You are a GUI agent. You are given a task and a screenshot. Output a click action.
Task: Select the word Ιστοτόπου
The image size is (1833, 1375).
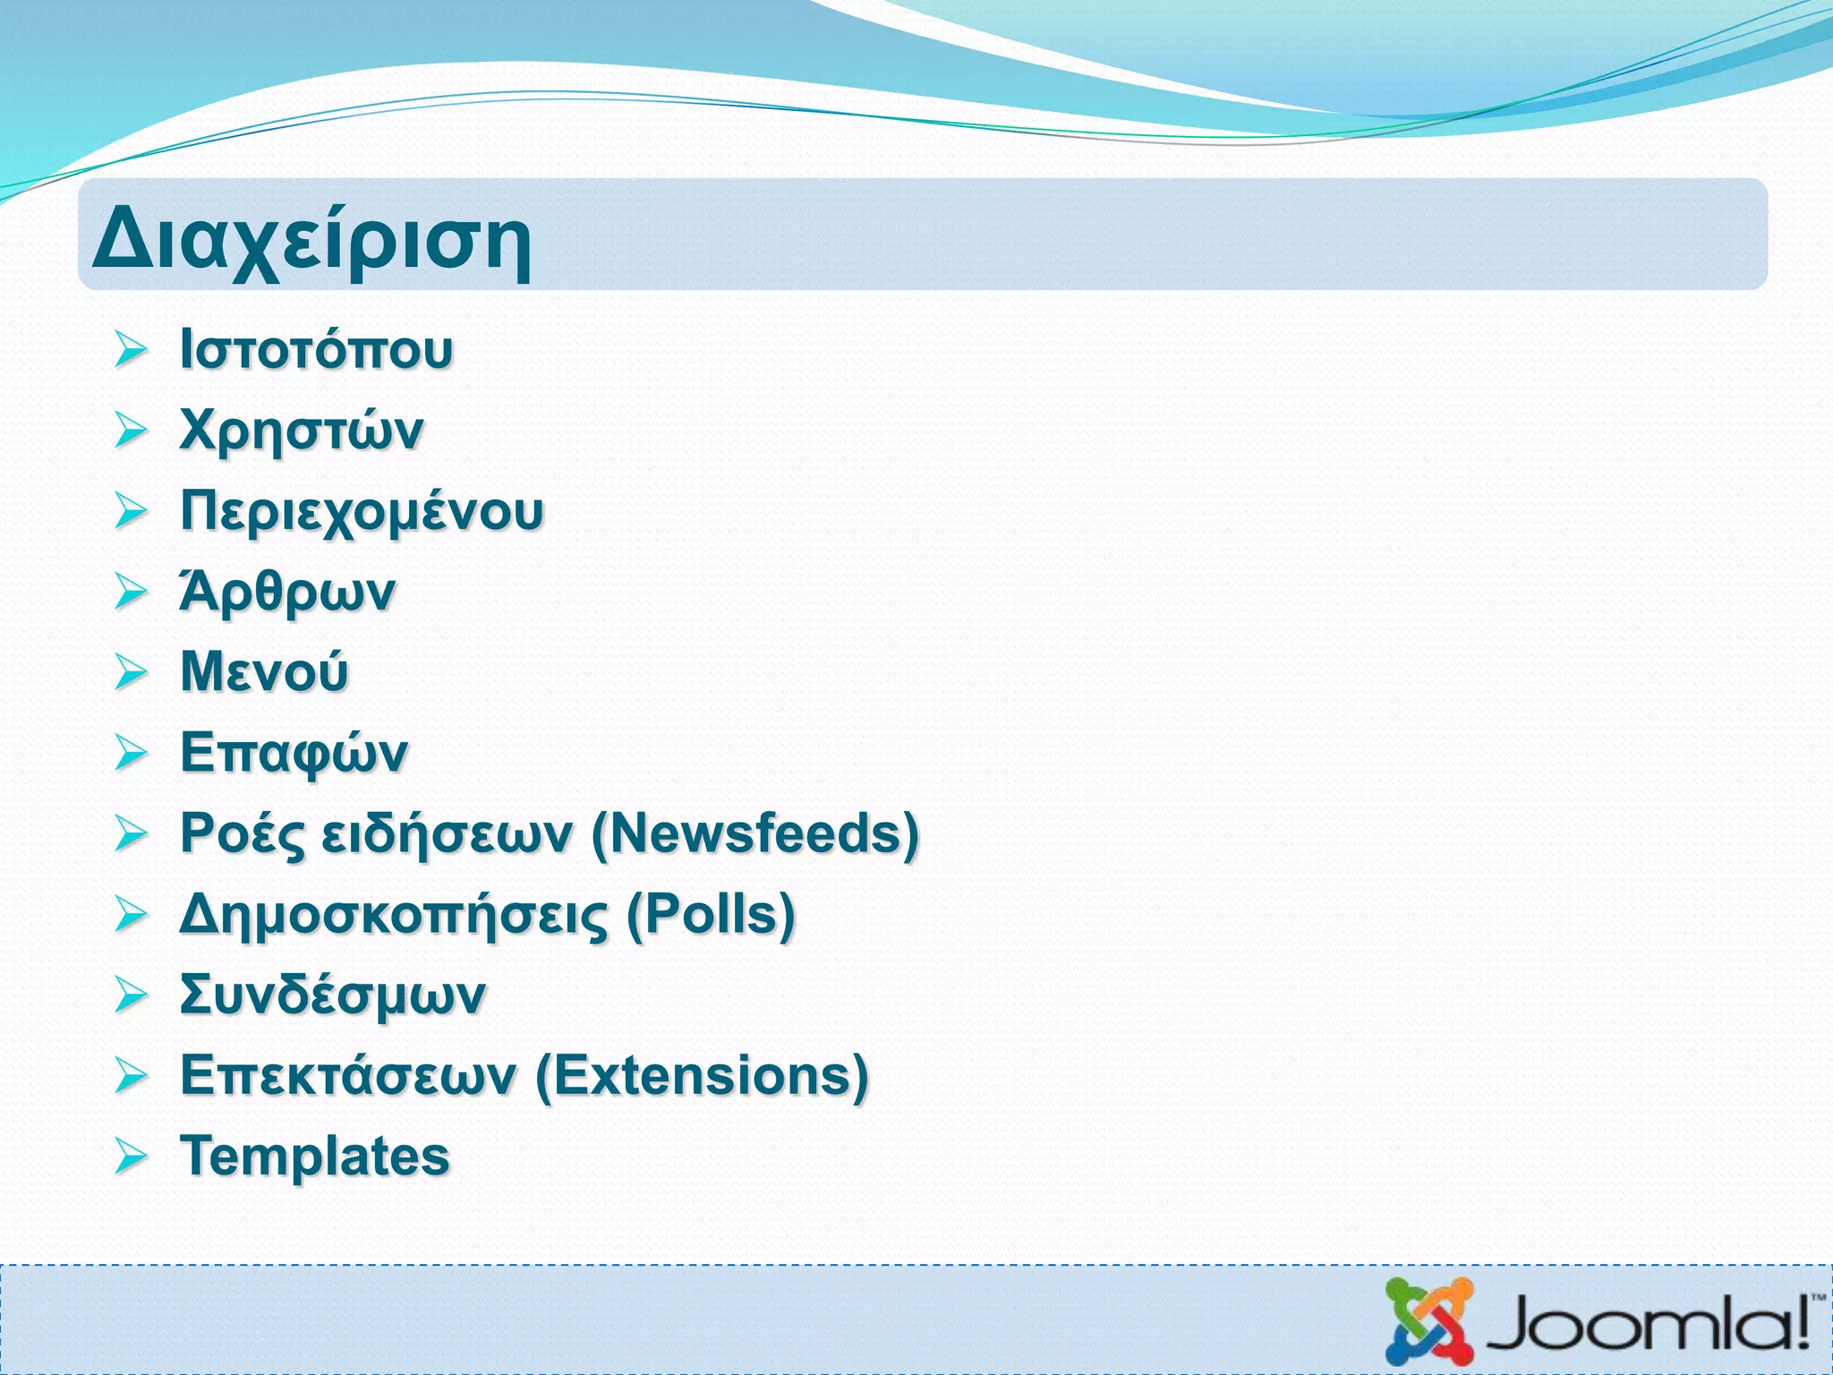click(x=316, y=348)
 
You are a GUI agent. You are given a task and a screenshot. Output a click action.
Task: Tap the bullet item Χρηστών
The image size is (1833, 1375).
click(x=301, y=431)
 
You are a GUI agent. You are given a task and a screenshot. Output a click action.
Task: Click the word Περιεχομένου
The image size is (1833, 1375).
click(x=362, y=511)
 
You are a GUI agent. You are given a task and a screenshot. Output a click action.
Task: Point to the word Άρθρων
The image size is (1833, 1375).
click(x=286, y=592)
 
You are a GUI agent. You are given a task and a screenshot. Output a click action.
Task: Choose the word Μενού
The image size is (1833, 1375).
click(x=263, y=671)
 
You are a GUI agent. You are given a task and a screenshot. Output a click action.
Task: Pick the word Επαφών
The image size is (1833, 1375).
click(x=294, y=752)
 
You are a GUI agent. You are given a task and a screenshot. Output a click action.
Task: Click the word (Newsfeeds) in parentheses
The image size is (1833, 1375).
click(x=755, y=833)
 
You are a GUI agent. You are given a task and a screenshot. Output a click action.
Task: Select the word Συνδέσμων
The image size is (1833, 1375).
click(x=332, y=995)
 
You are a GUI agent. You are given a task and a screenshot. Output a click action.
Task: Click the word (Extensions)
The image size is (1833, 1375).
click(x=701, y=1075)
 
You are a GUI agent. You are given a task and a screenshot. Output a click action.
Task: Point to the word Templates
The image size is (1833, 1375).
click(x=314, y=1156)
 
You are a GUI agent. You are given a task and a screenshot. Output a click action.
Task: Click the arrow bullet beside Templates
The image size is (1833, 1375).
click(x=131, y=1157)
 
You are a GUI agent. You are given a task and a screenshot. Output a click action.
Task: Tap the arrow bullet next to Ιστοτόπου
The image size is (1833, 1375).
click(x=131, y=350)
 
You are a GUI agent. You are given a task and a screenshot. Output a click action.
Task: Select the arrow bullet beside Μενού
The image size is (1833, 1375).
click(x=131, y=672)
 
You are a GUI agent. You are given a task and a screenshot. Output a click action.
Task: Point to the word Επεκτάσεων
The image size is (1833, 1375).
click(x=347, y=1075)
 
